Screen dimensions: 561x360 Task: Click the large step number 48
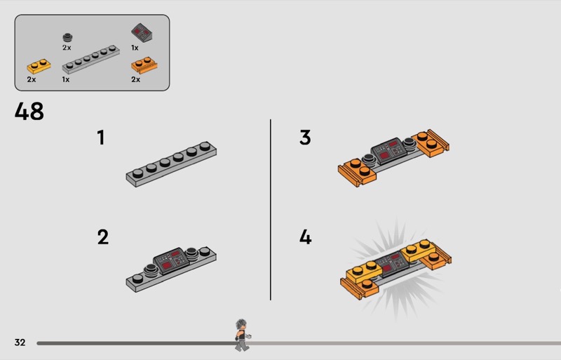29,111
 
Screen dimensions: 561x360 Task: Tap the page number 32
20,342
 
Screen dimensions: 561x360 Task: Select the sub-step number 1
101,138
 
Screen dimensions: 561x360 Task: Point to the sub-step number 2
102,237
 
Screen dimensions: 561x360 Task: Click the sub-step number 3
305,138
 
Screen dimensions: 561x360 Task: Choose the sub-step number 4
306,237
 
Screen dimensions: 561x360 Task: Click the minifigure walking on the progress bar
243,335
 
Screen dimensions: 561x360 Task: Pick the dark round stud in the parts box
67,37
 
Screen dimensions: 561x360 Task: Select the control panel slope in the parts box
142,33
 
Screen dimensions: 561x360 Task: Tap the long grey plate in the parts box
91,60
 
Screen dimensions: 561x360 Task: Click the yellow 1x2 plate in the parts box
39,66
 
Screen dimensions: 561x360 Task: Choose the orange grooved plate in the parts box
144,65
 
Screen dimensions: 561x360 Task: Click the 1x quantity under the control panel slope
135,48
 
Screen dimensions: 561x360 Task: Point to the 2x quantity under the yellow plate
32,79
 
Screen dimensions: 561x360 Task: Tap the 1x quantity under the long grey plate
66,79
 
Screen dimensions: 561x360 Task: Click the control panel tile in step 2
171,260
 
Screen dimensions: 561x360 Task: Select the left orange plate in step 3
357,173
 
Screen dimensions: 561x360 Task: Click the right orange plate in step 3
431,143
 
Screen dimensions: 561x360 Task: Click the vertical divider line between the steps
271,210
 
